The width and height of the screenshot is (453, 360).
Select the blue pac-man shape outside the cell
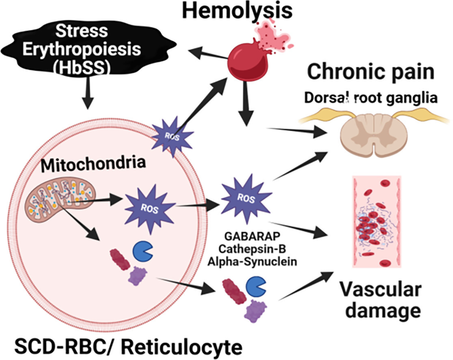click(256, 286)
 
